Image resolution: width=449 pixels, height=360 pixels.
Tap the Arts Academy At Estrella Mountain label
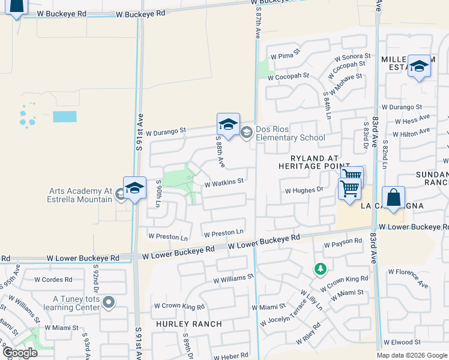tap(80, 196)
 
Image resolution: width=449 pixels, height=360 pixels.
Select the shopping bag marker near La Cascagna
tap(393, 197)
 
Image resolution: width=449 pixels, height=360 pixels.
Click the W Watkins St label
tap(223, 181)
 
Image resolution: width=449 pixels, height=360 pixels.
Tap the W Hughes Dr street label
tap(304, 190)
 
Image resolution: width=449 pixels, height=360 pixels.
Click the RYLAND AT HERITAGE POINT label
tap(313, 161)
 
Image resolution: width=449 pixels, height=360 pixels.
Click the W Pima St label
tap(285, 55)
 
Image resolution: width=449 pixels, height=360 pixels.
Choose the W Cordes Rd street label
tap(53, 279)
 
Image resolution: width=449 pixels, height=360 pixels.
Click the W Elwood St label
tap(409, 342)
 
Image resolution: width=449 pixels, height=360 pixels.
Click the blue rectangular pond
tap(64, 116)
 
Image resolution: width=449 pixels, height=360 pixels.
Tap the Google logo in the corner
tap(19, 352)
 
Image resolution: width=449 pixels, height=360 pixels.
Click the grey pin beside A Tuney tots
tap(108, 302)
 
